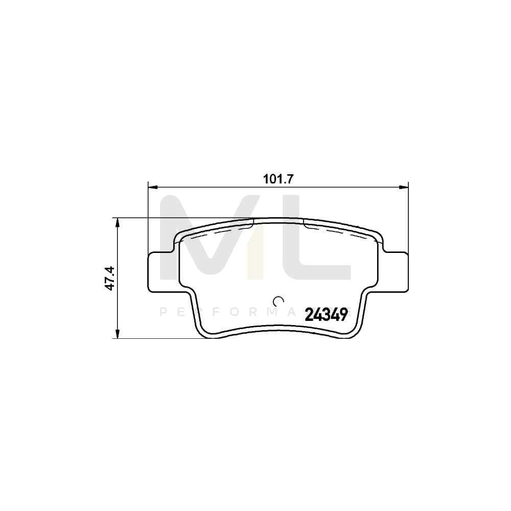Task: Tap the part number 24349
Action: (326, 314)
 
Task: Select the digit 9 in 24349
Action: (343, 314)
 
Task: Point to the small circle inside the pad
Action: (278, 300)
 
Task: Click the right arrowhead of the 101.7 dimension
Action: (405, 187)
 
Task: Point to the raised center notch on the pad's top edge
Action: (278, 220)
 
